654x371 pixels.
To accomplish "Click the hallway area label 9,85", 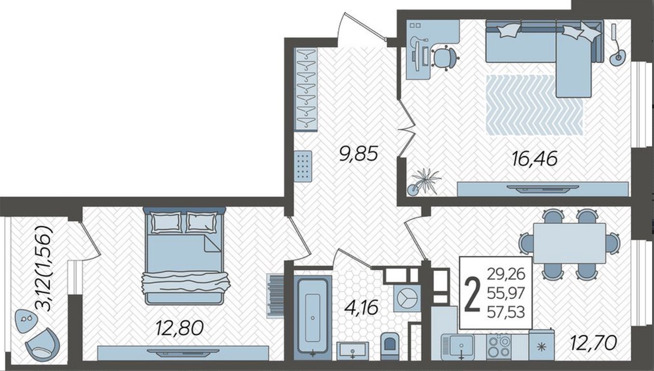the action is [359, 154].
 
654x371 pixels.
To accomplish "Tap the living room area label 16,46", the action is [534, 159].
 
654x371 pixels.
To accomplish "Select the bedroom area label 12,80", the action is [179, 328].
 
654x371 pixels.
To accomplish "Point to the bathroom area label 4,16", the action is [361, 307].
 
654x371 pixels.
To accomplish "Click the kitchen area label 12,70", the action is [593, 343].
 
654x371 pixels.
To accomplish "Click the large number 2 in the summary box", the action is [472, 295].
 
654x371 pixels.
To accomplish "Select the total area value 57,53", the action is [506, 312].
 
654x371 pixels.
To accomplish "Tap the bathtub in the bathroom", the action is [313, 318].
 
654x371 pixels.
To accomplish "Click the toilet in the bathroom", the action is [390, 346].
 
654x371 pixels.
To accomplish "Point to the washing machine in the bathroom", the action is [407, 298].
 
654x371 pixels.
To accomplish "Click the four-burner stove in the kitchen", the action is [498, 347].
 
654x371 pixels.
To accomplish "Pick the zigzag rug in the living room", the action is [534, 105].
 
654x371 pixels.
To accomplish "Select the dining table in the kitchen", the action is [569, 243].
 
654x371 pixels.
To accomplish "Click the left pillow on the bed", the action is [165, 223].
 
